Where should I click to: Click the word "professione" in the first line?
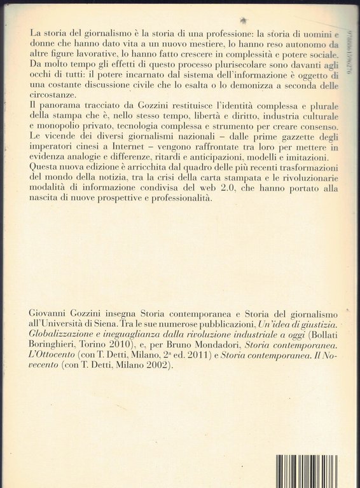coord(216,32)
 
